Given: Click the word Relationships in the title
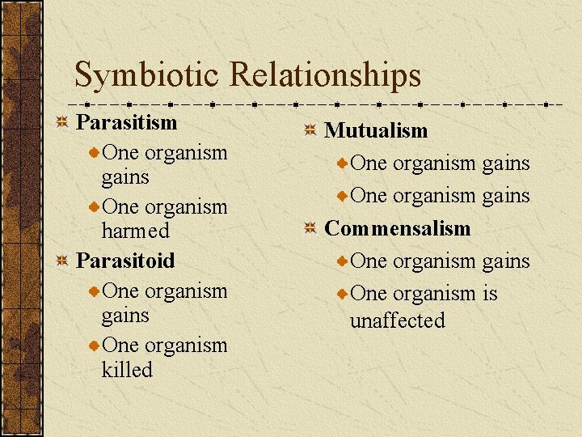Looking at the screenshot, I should [325, 75].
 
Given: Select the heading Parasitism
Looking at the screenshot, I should [126, 122].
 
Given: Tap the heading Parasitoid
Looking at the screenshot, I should [125, 261].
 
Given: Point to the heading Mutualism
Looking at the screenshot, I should [376, 130].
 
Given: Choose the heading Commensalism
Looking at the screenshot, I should [397, 228].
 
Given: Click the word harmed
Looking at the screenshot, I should [136, 231].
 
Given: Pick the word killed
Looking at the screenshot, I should [127, 369].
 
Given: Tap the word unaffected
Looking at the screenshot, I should [397, 320].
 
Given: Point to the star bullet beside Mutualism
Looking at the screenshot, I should [310, 131].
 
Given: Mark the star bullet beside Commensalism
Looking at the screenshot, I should [310, 229].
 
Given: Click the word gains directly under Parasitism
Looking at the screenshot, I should [125, 177].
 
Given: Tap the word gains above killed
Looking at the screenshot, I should [125, 316].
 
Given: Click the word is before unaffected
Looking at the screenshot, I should [490, 294].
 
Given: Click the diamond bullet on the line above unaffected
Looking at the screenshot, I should [344, 295].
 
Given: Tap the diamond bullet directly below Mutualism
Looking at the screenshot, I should [344, 164].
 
